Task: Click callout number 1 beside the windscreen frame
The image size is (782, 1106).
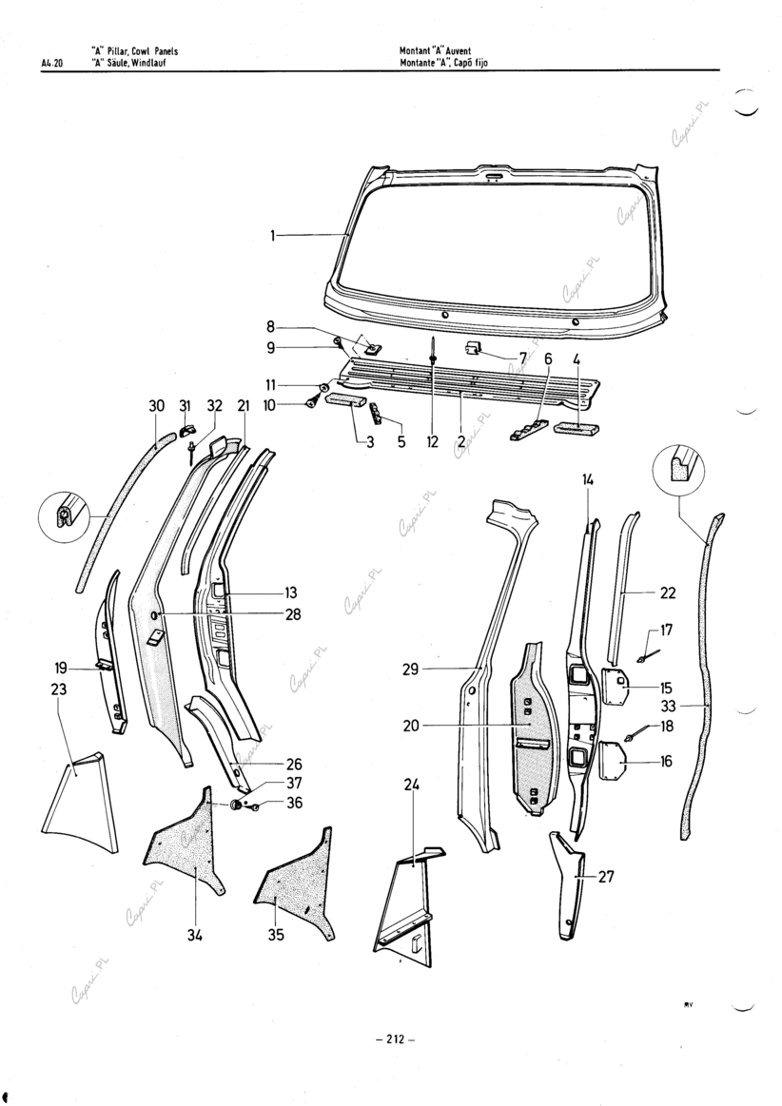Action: tap(274, 235)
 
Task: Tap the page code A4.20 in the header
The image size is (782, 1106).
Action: tap(51, 65)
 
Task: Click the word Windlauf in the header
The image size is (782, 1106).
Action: tap(147, 65)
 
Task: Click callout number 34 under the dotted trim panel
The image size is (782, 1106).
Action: tap(194, 936)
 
